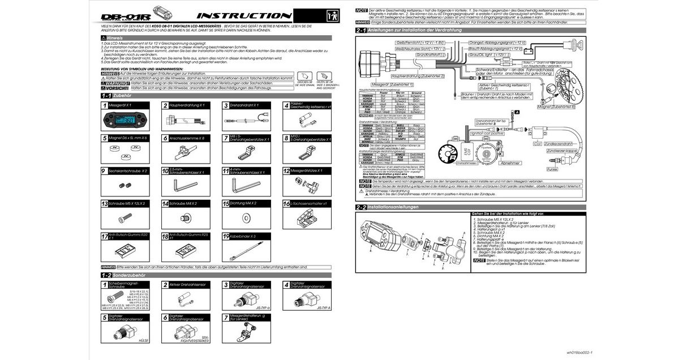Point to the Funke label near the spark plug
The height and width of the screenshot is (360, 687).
pos(552,169)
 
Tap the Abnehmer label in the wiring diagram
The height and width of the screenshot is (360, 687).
pos(510,162)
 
